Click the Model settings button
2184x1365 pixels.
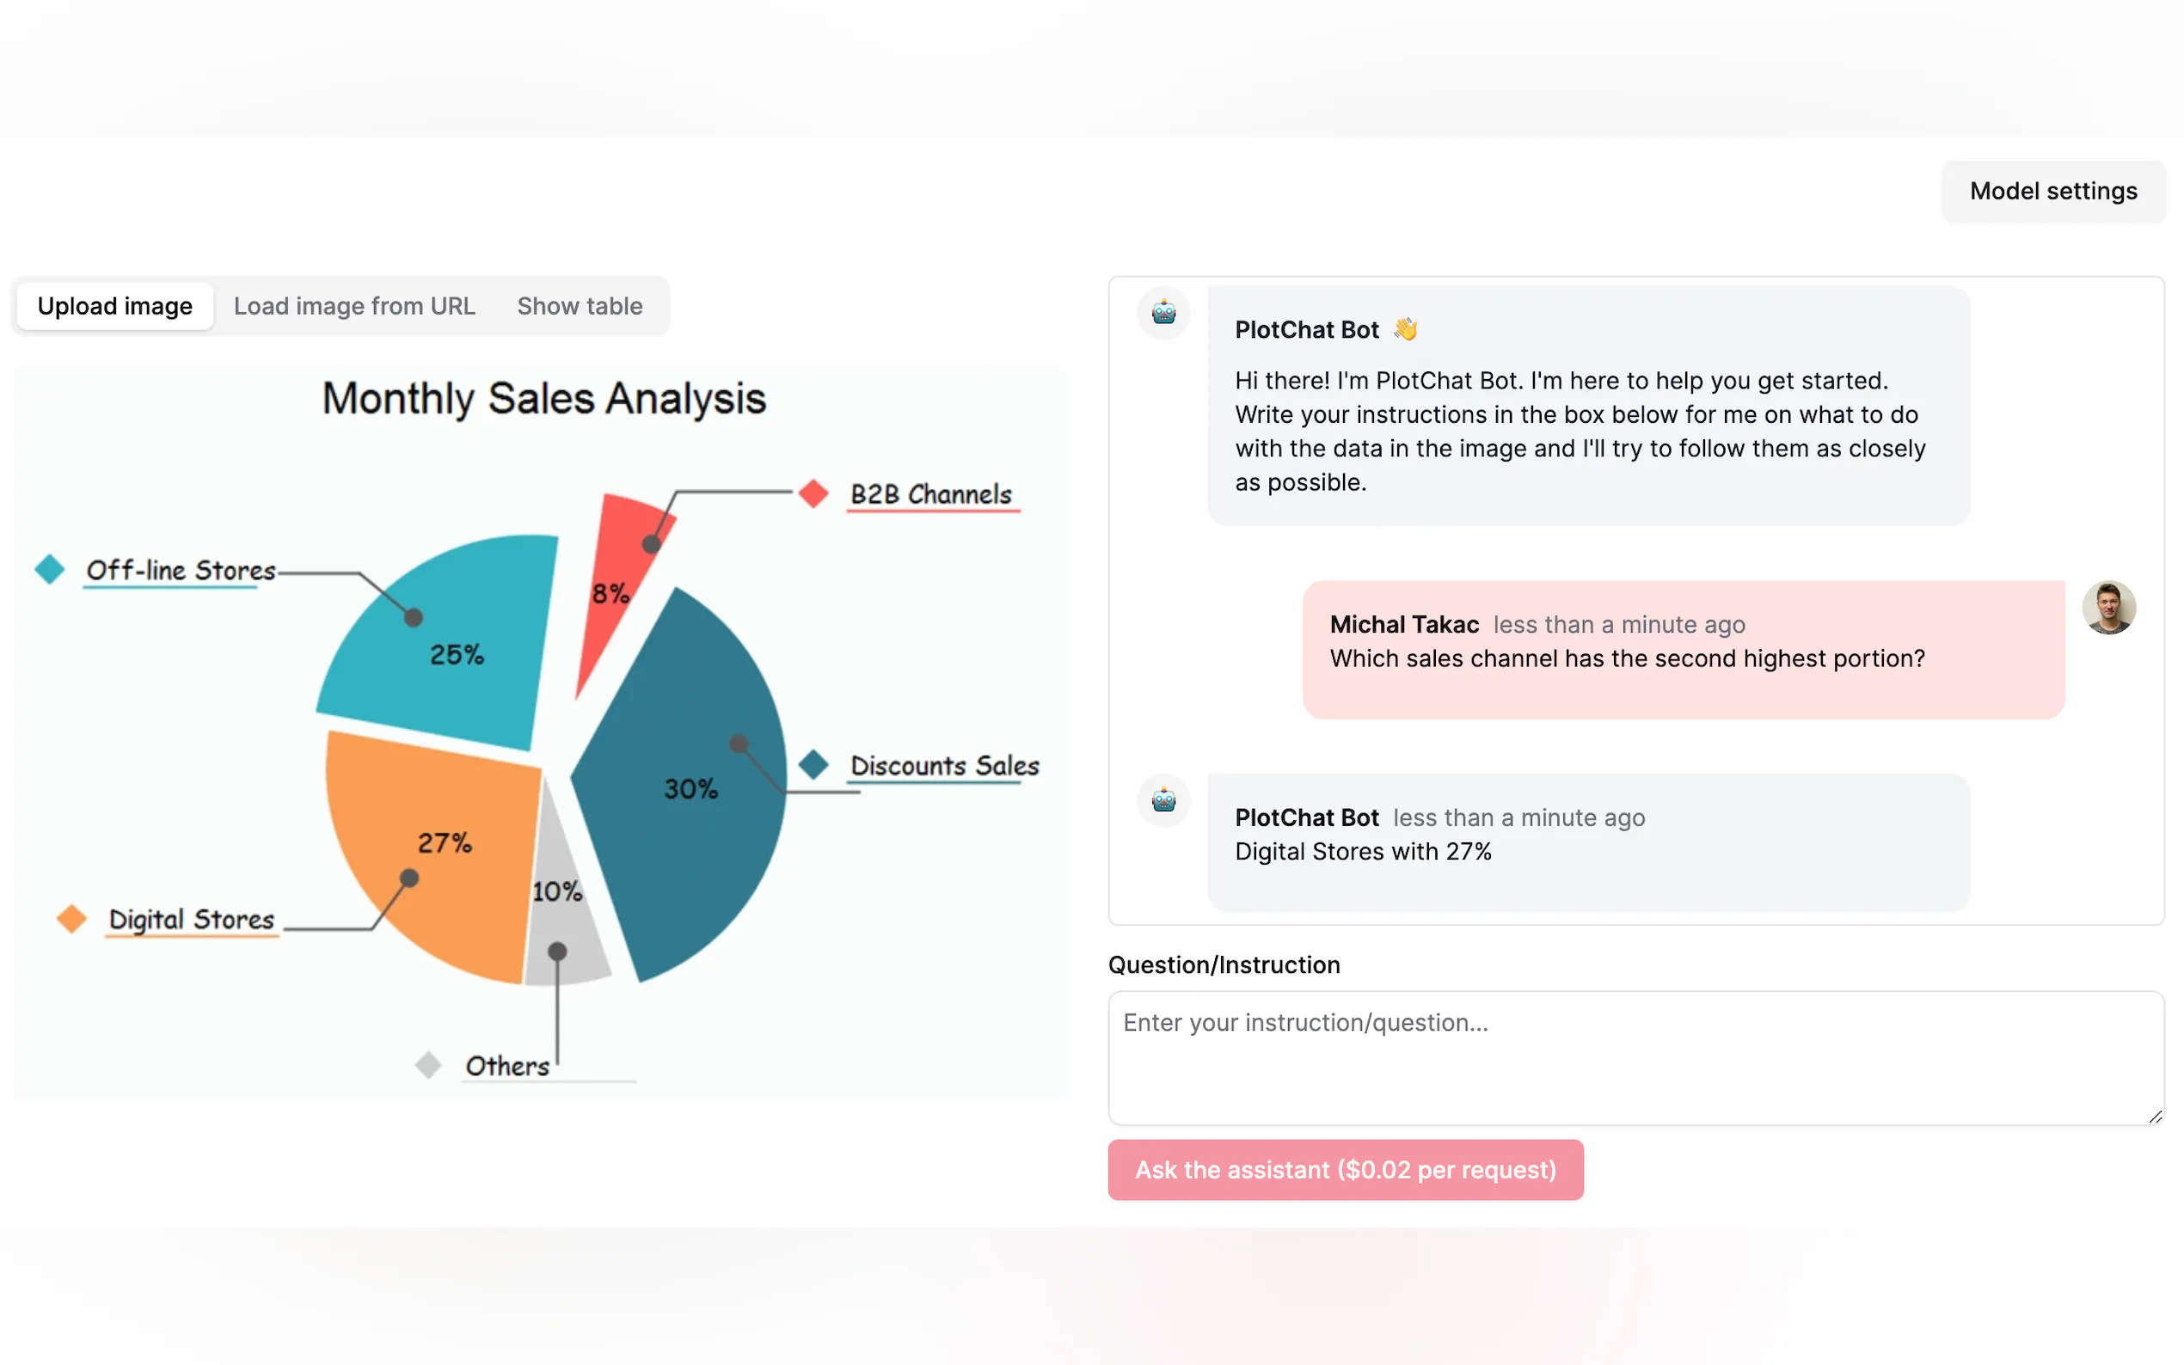pyautogui.click(x=2052, y=192)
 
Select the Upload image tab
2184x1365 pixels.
pyautogui.click(x=114, y=306)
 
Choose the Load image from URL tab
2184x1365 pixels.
pyautogui.click(x=354, y=306)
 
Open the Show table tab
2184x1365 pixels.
pyautogui.click(x=580, y=306)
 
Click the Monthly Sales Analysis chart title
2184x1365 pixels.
pyautogui.click(x=543, y=398)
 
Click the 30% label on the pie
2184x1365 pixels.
pyautogui.click(x=690, y=788)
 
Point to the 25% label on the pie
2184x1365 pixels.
pyautogui.click(x=456, y=653)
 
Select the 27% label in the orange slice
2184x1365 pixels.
pyautogui.click(x=445, y=842)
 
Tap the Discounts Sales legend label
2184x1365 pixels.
pyautogui.click(x=944, y=766)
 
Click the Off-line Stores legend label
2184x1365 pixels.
pyautogui.click(x=181, y=570)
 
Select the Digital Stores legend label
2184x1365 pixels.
pyautogui.click(x=192, y=919)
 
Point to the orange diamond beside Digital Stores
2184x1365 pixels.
pyautogui.click(x=71, y=919)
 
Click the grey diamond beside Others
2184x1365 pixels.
pyautogui.click(x=428, y=1065)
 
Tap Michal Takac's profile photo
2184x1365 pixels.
pyautogui.click(x=2108, y=608)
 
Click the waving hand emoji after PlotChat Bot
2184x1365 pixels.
pyautogui.click(x=1405, y=329)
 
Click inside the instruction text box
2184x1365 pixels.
pyautogui.click(x=1635, y=1057)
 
